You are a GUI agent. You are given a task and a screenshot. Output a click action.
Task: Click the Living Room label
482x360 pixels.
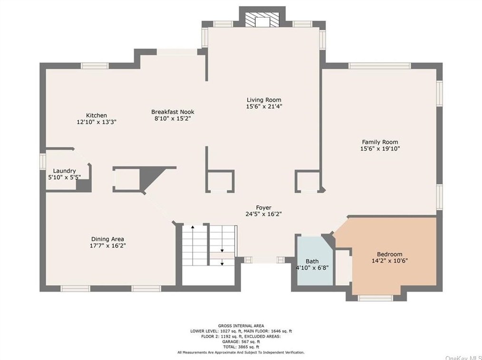264,100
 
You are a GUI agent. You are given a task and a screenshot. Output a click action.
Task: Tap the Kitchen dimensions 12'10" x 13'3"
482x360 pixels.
96,122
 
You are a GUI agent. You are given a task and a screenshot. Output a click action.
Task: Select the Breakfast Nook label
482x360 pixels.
173,112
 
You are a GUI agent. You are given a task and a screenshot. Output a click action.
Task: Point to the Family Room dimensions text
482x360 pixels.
380,149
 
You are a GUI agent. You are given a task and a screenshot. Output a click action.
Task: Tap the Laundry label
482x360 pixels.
64,171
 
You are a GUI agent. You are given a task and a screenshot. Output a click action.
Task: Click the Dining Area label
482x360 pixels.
107,239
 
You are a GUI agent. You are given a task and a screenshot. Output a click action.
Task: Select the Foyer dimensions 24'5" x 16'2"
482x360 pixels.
264,214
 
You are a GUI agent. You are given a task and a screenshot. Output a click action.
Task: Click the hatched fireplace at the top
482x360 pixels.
262,19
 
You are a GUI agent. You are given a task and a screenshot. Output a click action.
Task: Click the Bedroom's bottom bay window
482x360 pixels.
375,298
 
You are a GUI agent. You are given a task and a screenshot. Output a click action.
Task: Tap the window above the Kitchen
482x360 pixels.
95,66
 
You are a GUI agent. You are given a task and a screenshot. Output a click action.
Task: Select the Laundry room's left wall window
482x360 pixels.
43,161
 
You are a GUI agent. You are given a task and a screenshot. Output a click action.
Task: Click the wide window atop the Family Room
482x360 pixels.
380,66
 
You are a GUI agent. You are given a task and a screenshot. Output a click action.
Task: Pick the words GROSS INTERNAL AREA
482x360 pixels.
241,326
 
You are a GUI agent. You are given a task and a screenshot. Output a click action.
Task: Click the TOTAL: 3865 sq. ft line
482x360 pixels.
241,347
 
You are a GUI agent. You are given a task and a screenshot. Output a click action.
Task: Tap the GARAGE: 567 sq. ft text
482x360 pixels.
241,341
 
